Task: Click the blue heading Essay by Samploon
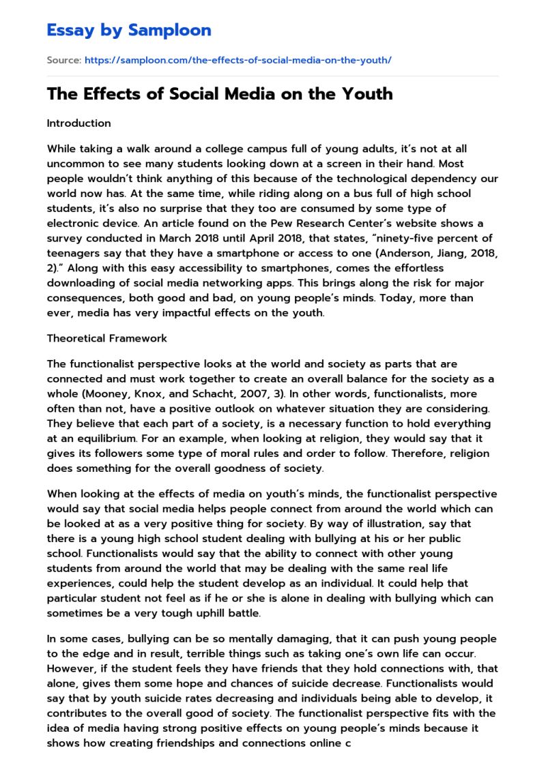pyautogui.click(x=129, y=30)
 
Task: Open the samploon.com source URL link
pyautogui.click(x=238, y=60)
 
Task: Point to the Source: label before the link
pyautogui.click(x=63, y=60)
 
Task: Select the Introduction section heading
pyautogui.click(x=78, y=123)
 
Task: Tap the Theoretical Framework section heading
pyautogui.click(x=106, y=338)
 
